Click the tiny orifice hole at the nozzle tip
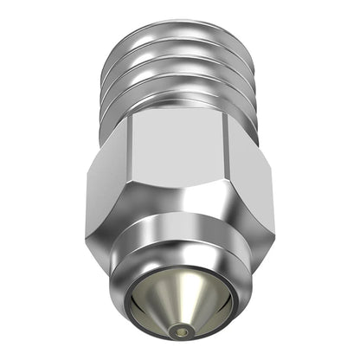click(180, 330)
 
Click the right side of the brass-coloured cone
click(204, 308)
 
